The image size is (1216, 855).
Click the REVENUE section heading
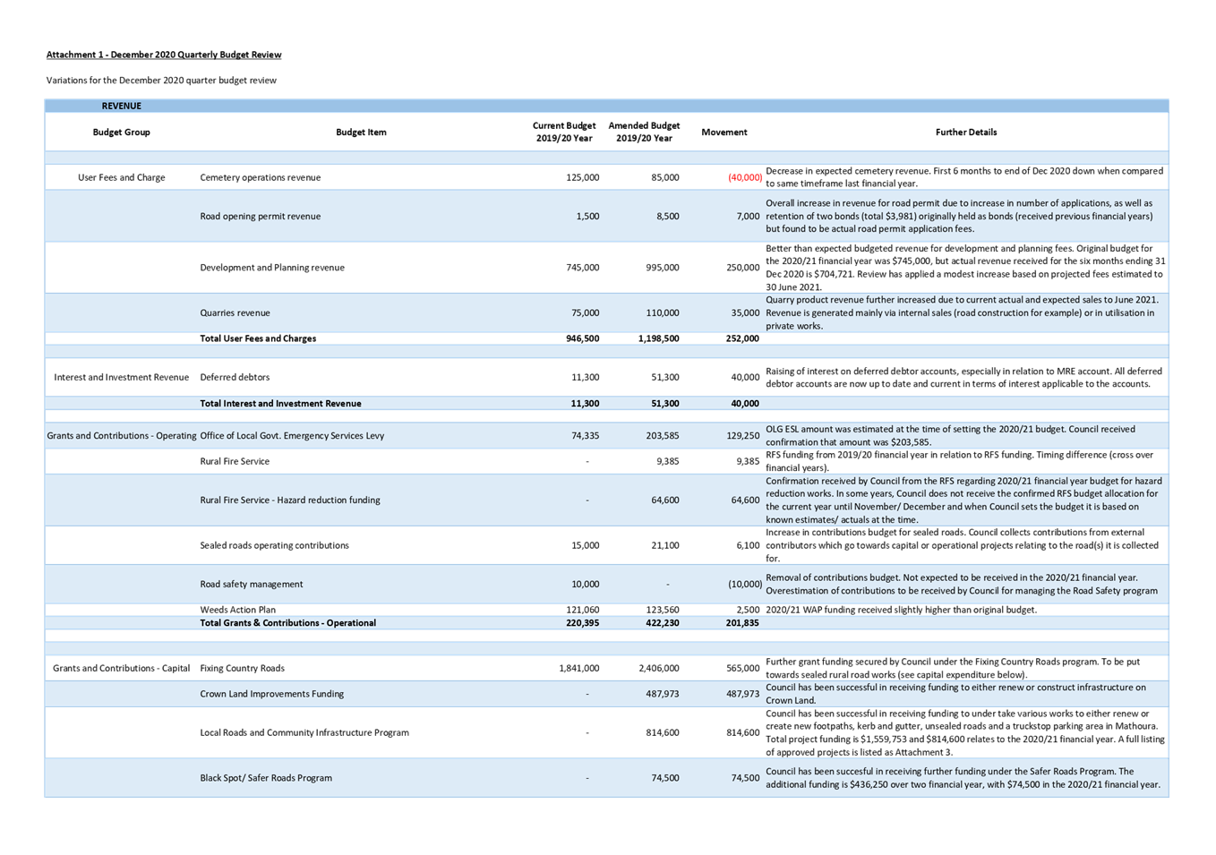click(121, 106)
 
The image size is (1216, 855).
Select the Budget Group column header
click(121, 133)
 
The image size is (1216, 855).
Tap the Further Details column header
click(965, 133)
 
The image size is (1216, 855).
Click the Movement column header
click(724, 133)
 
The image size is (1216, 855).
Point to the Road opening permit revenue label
click(260, 217)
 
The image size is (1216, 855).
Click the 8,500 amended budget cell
click(667, 217)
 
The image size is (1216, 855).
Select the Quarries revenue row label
click(235, 313)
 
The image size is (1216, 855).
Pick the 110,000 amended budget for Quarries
click(663, 313)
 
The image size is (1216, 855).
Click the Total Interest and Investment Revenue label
click(280, 404)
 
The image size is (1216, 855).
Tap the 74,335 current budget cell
click(584, 436)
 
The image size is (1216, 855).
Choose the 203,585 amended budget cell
click(662, 436)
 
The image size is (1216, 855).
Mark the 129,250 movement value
click(742, 436)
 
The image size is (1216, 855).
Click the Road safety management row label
click(251, 585)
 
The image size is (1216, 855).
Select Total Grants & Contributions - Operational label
click(287, 623)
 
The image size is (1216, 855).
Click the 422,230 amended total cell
click(662, 623)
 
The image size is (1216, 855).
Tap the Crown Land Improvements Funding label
click(271, 694)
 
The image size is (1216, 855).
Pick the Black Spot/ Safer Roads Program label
click(266, 778)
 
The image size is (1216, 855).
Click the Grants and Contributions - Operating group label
click(121, 436)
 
